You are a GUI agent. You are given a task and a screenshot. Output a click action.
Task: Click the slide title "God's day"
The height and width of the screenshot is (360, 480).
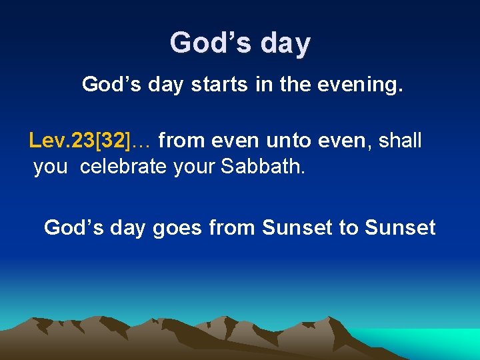(240, 43)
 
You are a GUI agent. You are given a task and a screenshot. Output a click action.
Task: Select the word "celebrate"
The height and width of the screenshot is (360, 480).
(124, 167)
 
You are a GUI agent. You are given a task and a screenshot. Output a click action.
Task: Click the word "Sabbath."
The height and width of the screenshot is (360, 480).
(263, 167)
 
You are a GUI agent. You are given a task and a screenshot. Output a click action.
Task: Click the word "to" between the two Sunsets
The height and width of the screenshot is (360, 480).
(349, 228)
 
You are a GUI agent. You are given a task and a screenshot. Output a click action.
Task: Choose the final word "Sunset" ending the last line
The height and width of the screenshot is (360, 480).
(400, 228)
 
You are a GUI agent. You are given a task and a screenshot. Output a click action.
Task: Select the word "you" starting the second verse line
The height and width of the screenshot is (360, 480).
(51, 167)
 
